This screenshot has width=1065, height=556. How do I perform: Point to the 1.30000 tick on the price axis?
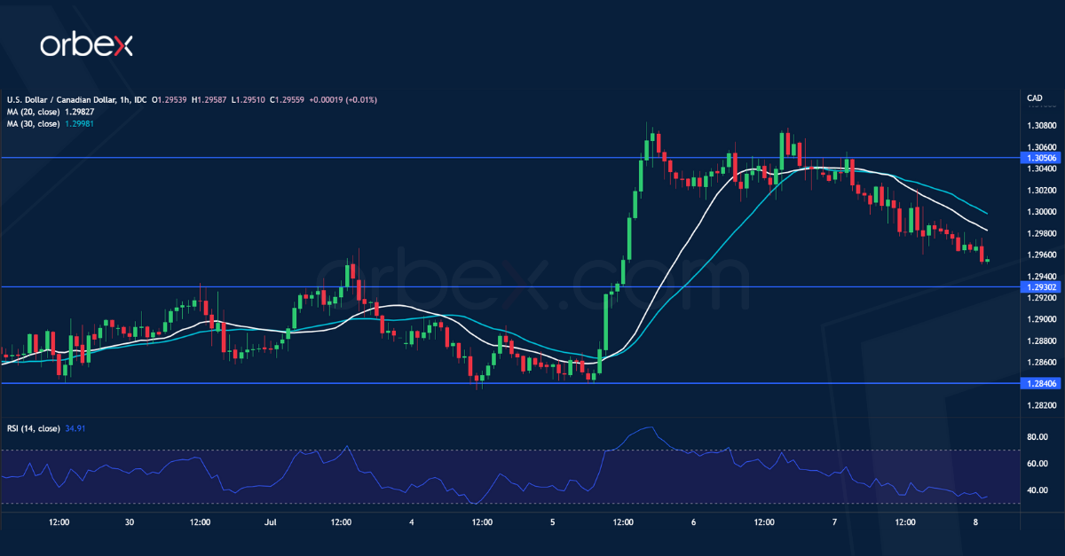point(1041,212)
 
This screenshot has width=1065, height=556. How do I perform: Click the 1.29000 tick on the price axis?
point(1041,319)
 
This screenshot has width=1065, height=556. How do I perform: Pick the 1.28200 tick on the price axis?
point(1041,405)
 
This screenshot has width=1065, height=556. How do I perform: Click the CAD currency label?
point(1034,98)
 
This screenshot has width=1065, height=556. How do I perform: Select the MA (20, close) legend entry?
point(34,112)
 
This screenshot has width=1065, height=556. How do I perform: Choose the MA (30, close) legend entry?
point(34,123)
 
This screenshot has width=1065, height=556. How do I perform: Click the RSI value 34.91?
point(77,428)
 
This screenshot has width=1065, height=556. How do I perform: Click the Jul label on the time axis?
point(272,522)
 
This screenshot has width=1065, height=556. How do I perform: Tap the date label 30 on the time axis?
point(130,522)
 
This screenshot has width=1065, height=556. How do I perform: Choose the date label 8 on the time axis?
point(975,522)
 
